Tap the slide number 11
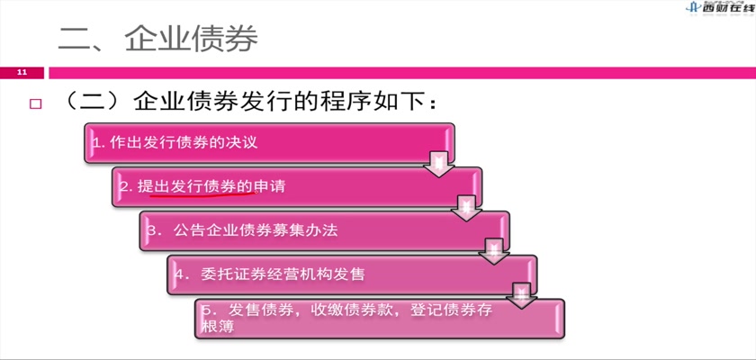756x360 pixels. click(22, 73)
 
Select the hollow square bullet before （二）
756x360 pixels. click(35, 104)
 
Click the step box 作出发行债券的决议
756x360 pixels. click(269, 143)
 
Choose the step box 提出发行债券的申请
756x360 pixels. click(296, 187)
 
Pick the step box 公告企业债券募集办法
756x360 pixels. click(324, 230)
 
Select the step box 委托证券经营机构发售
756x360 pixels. click(352, 274)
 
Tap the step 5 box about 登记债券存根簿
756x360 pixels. click(380, 319)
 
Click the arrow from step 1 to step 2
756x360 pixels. click(439, 165)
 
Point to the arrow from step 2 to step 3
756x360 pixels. click(466, 208)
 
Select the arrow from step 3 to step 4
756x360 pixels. click(494, 252)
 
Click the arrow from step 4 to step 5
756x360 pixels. click(521, 295)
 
